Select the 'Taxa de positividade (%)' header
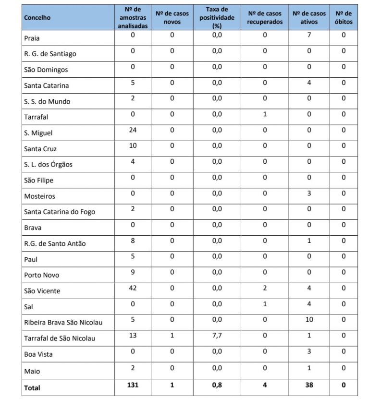pyautogui.click(x=217, y=18)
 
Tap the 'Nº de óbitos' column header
pyautogui.click(x=344, y=18)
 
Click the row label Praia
pyautogui.click(x=32, y=38)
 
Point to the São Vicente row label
pyautogui.click(x=42, y=291)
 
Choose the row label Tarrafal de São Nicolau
pyautogui.click(x=60, y=338)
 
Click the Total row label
pyautogui.click(x=32, y=388)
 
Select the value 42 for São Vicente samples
pyautogui.click(x=133, y=288)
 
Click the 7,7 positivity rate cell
pyautogui.click(x=217, y=336)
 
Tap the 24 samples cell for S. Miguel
pyautogui.click(x=133, y=130)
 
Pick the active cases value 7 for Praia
pyautogui.click(x=309, y=35)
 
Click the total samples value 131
pyautogui.click(x=133, y=385)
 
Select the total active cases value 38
pyautogui.click(x=309, y=385)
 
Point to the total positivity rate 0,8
pyautogui.click(x=217, y=385)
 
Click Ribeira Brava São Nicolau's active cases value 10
pyautogui.click(x=309, y=320)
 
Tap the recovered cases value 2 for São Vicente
pyautogui.click(x=265, y=288)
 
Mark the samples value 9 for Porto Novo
pyautogui.click(x=133, y=272)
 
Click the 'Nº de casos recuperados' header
pyautogui.click(x=265, y=18)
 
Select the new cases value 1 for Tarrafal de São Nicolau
pyautogui.click(x=172, y=336)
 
